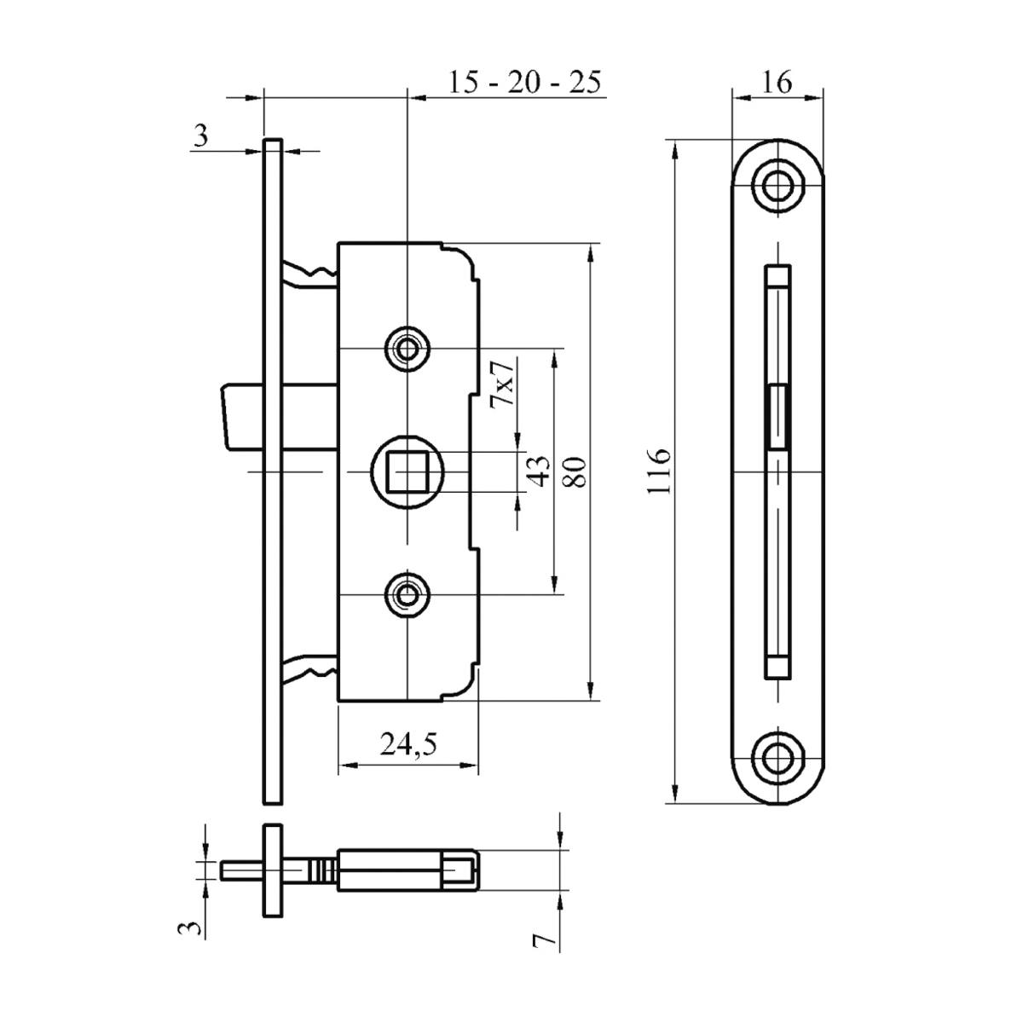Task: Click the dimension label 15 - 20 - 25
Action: click(525, 83)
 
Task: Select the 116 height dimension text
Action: click(660, 470)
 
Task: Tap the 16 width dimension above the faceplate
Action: click(777, 82)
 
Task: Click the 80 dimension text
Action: click(577, 471)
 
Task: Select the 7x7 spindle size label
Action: click(503, 383)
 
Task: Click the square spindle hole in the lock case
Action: click(408, 471)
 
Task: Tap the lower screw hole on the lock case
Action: click(408, 593)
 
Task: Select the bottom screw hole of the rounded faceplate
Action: click(777, 755)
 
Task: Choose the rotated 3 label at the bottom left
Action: click(194, 928)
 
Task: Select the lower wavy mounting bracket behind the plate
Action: click(309, 667)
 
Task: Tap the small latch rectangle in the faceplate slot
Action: click(777, 415)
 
